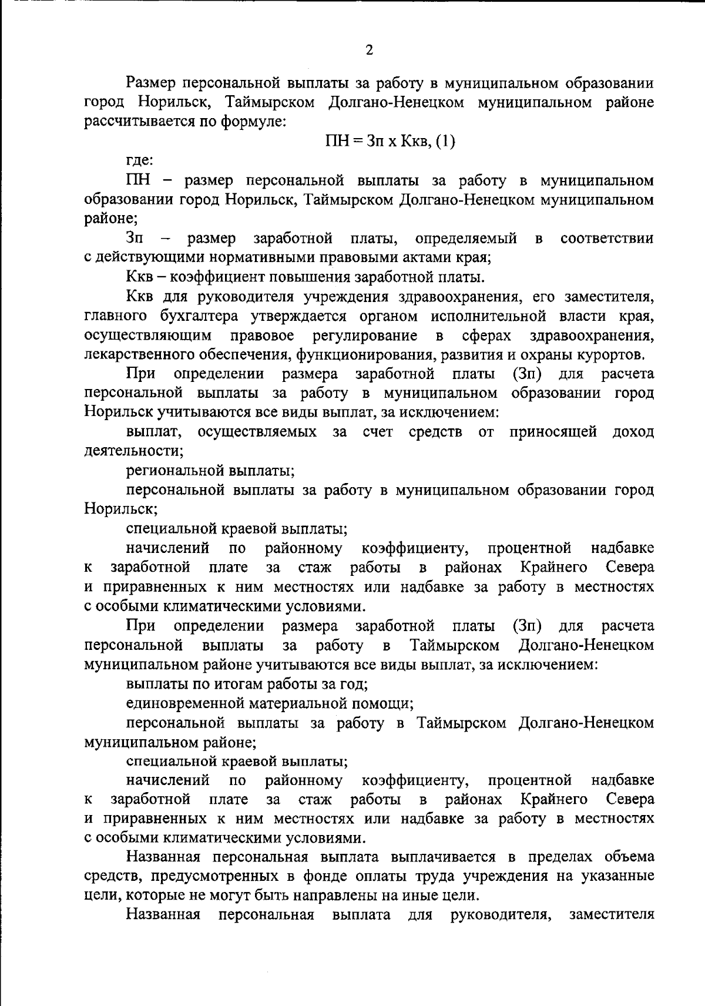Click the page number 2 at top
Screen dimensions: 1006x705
tap(369, 50)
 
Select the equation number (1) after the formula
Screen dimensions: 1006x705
tap(445, 142)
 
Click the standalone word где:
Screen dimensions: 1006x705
tap(139, 160)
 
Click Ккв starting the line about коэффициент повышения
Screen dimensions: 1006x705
tap(139, 277)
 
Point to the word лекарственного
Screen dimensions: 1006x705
tap(137, 355)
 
